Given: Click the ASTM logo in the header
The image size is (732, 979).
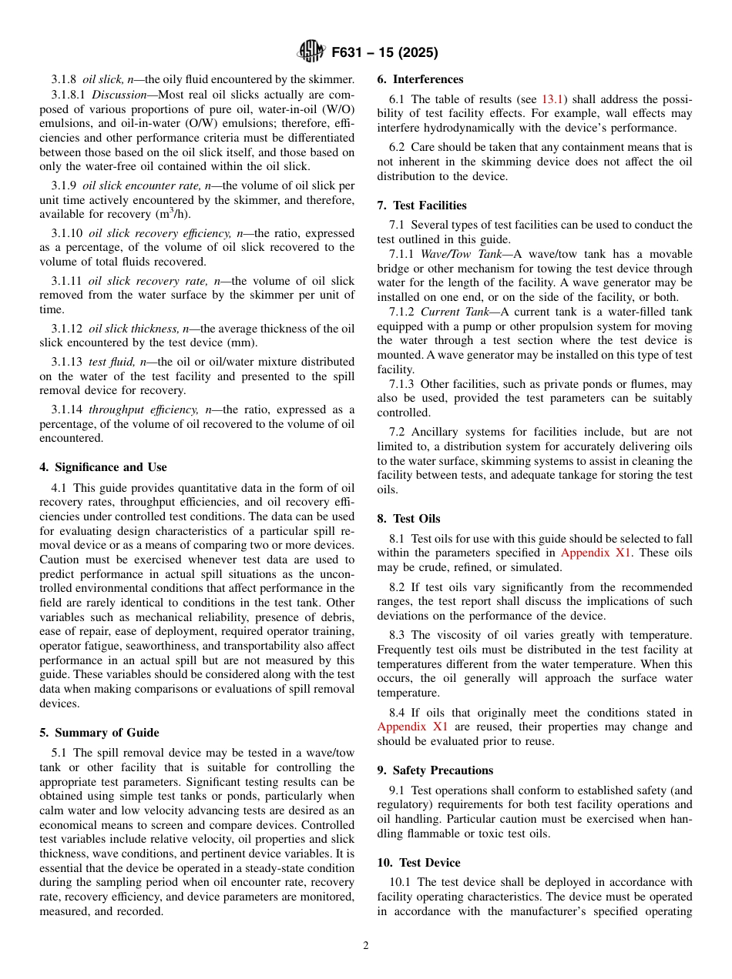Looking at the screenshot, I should pyautogui.click(x=311, y=52).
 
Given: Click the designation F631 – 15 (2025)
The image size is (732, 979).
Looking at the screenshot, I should pyautogui.click(x=384, y=53).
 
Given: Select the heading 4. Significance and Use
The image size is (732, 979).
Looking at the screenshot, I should pyautogui.click(x=103, y=467).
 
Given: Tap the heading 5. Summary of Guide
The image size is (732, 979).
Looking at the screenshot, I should pyautogui.click(x=99, y=732).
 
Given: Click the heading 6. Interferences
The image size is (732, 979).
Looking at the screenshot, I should pyautogui.click(x=420, y=79).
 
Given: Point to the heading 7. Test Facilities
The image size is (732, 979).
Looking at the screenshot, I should pyautogui.click(x=421, y=205).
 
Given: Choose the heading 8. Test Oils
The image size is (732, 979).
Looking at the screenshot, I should pyautogui.click(x=408, y=519).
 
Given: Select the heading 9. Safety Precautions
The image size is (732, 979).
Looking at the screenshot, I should pyautogui.click(x=435, y=770).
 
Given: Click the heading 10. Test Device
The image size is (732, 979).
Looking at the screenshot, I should pyautogui.click(x=418, y=863).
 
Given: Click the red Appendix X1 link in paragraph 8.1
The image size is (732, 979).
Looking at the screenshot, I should pyautogui.click(x=594, y=553).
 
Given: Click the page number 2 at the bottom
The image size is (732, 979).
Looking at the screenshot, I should pyautogui.click(x=366, y=946).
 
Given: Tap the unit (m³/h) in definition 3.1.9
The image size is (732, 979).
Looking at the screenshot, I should pyautogui.click(x=174, y=214).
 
